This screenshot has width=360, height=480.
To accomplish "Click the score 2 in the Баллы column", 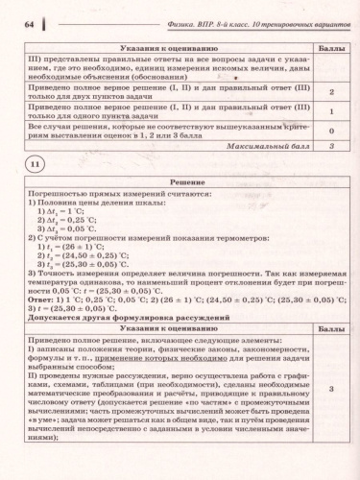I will coord(330,90).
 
